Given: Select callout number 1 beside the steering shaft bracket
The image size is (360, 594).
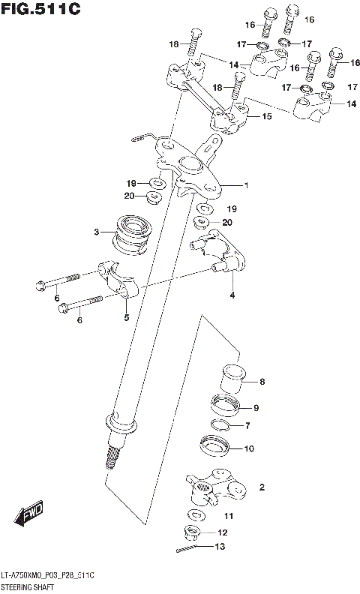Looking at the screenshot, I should pyautogui.click(x=245, y=184).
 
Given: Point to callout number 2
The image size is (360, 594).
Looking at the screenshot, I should pyautogui.click(x=262, y=487).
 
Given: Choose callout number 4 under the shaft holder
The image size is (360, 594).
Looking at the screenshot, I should pyautogui.click(x=232, y=295).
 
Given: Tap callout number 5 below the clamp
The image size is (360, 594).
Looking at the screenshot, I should pyautogui.click(x=126, y=317).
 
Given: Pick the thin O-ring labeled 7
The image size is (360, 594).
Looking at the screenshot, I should pyautogui.click(x=218, y=427).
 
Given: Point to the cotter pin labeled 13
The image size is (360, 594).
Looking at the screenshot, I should pyautogui.click(x=188, y=550).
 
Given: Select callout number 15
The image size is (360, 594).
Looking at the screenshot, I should pyautogui.click(x=265, y=116).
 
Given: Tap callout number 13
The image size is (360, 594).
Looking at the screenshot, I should pyautogui.click(x=219, y=547).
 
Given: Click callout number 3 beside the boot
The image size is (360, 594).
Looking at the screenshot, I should pyautogui.click(x=97, y=232).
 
